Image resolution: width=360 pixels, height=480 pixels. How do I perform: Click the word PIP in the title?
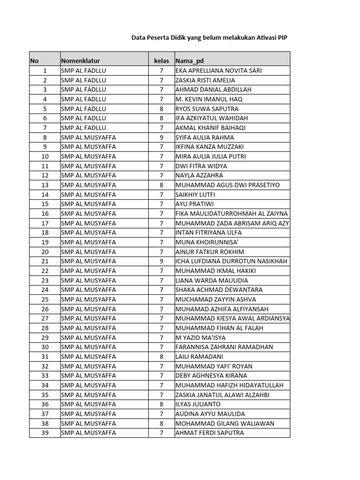tap(282, 39)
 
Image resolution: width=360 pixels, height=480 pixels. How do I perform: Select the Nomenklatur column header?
tap(80, 61)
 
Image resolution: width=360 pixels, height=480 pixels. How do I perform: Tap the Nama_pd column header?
tap(189, 61)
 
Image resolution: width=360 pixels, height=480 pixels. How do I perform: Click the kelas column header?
tap(161, 61)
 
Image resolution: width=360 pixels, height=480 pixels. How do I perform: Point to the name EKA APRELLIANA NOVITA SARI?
tap(218, 71)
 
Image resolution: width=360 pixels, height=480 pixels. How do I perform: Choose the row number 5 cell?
tap(45, 109)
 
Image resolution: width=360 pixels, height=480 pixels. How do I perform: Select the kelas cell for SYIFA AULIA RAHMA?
tap(161, 137)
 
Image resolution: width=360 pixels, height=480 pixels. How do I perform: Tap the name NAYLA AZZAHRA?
tap(199, 175)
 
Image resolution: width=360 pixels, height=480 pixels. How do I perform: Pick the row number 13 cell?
tap(45, 185)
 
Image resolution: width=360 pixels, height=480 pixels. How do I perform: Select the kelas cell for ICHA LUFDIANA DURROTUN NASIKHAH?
tap(161, 261)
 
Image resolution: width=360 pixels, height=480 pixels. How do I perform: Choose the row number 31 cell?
tap(45, 357)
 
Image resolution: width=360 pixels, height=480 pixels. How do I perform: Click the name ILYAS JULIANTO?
tap(198, 404)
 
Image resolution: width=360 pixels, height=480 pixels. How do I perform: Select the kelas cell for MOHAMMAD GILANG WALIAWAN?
tap(161, 423)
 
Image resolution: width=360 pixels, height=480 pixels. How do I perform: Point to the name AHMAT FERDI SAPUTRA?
tap(210, 433)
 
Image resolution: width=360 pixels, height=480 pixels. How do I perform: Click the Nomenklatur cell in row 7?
tap(83, 127)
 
